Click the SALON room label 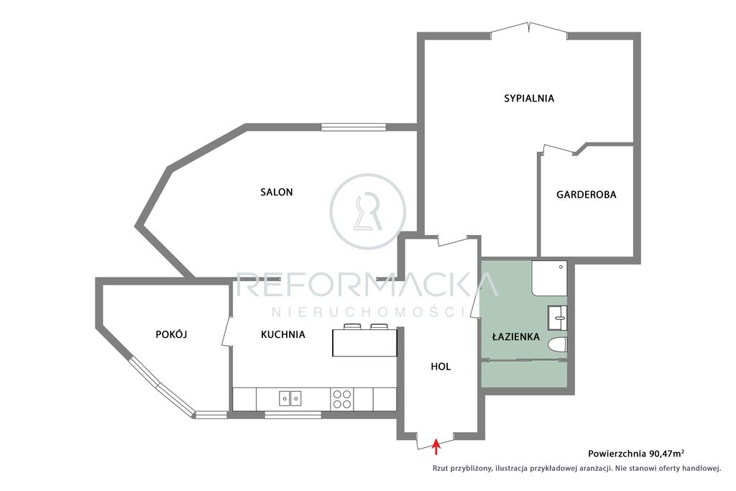[x=277, y=192]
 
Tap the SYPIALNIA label [x=529, y=98]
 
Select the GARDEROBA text [x=586, y=195]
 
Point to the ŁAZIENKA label [x=516, y=336]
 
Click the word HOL [x=441, y=367]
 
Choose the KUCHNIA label [x=283, y=335]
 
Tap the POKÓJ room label [x=171, y=334]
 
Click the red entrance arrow [x=436, y=446]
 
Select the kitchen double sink [x=290, y=398]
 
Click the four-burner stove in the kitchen [x=341, y=399]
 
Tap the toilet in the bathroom [x=557, y=344]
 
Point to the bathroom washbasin [x=557, y=318]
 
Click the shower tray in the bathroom [x=549, y=278]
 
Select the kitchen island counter [x=364, y=343]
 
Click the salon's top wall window [x=354, y=127]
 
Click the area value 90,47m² [x=666, y=454]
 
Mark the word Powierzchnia [x=617, y=454]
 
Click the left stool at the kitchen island [x=351, y=326]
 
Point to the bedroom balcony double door [x=528, y=28]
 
